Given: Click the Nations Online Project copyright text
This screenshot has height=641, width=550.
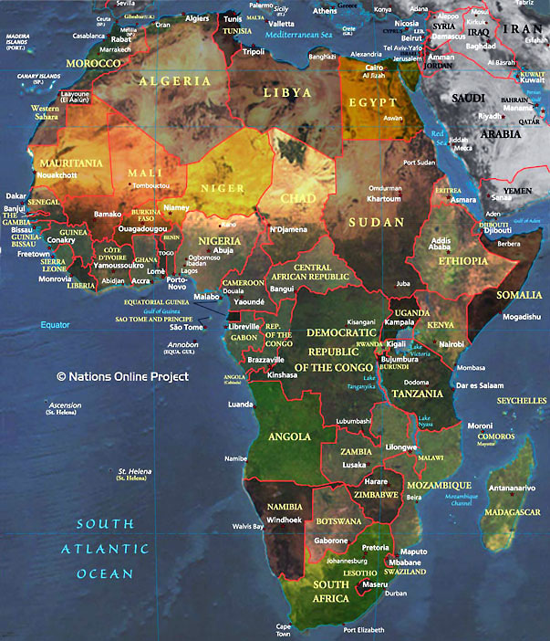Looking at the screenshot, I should coord(122,376).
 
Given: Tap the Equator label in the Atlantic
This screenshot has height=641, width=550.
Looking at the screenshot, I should coord(54,325).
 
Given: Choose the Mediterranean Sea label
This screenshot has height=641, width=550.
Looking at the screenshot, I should coord(297,34).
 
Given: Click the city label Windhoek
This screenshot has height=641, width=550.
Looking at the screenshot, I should coord(282,520).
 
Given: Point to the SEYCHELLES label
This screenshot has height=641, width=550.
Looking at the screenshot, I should coord(522,400).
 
